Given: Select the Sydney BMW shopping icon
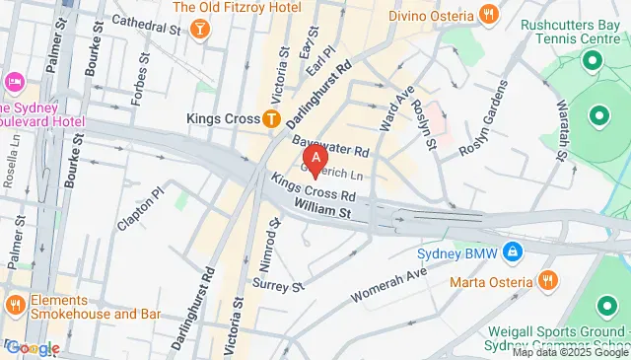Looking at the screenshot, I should pyautogui.click(x=512, y=252).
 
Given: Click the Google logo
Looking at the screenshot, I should pyautogui.click(x=33, y=347).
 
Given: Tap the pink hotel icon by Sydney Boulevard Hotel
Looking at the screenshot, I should pyautogui.click(x=14, y=80).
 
